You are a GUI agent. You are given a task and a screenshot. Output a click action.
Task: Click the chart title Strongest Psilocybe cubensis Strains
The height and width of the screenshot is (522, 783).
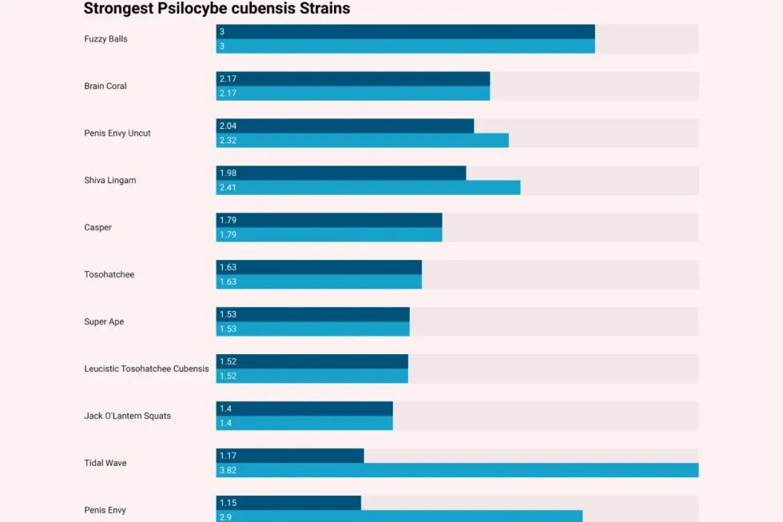pyautogui.click(x=217, y=9)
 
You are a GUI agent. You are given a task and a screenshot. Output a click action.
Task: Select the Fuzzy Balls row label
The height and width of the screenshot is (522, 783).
pyautogui.click(x=105, y=39)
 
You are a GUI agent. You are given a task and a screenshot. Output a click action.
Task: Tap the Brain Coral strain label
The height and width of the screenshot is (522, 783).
pyautogui.click(x=105, y=86)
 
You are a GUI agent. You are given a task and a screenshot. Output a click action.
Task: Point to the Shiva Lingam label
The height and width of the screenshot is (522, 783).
pyautogui.click(x=110, y=181)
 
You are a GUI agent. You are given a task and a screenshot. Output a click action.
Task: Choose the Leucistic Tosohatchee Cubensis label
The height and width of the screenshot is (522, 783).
pyautogui.click(x=146, y=369)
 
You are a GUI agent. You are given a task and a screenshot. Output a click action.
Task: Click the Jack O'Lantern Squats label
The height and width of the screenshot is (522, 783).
pyautogui.click(x=127, y=416)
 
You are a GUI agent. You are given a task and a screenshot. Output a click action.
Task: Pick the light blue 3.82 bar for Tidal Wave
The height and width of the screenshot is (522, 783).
pyautogui.click(x=457, y=471)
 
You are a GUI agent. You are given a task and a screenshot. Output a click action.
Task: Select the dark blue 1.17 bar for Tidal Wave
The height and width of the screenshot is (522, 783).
pyautogui.click(x=290, y=456)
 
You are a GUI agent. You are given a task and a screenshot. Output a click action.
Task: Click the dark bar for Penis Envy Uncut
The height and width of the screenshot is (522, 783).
pyautogui.click(x=344, y=126)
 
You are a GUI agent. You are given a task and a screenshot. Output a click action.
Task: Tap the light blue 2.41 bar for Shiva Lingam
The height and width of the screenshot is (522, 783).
pyautogui.click(x=368, y=188)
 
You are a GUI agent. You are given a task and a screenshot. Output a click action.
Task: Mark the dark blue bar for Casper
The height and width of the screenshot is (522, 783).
pyautogui.click(x=328, y=220)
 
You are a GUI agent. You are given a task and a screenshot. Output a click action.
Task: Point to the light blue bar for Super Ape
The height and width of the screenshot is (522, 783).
pyautogui.click(x=312, y=329)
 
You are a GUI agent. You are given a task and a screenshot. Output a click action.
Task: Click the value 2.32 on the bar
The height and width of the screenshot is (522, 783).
pyautogui.click(x=228, y=141)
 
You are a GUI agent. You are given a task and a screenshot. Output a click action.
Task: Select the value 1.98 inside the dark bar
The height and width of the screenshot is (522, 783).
pyautogui.click(x=228, y=173)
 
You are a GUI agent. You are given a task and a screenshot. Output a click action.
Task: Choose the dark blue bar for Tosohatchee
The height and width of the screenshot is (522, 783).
pyautogui.click(x=319, y=267)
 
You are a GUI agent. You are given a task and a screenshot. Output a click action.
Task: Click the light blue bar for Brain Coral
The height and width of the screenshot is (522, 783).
pyautogui.click(x=352, y=94)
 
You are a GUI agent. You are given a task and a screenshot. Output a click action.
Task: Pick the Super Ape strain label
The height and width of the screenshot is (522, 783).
pyautogui.click(x=104, y=322)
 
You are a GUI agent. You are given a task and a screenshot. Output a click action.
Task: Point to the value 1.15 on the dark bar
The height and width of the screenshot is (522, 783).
pyautogui.click(x=228, y=503)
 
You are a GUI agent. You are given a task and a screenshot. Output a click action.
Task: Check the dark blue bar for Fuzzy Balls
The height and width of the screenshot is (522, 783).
pyautogui.click(x=405, y=31)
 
